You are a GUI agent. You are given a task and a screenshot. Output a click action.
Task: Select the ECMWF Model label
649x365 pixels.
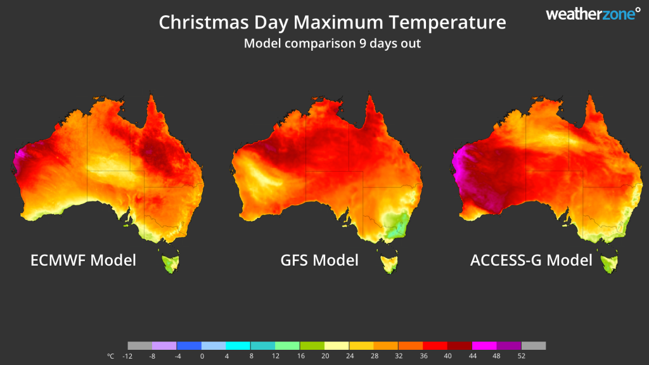coord(83,260)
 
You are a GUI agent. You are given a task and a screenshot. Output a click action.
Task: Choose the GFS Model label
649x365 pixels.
coord(319,260)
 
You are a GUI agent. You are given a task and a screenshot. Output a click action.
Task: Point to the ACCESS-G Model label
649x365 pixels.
coord(531,260)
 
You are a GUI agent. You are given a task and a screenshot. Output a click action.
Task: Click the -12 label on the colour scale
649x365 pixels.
coord(127,357)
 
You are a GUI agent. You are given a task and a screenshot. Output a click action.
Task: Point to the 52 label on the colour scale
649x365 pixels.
coord(521,357)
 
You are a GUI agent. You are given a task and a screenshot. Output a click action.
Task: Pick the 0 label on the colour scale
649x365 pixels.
coord(202,357)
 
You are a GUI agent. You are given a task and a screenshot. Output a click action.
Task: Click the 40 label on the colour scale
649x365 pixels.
coord(447,357)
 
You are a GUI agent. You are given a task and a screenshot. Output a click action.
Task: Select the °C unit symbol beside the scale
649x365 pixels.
coord(111,357)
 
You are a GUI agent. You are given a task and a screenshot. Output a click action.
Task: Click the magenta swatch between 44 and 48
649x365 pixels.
coord(484,346)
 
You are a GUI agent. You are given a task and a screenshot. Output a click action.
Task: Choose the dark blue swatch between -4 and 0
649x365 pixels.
coord(189,346)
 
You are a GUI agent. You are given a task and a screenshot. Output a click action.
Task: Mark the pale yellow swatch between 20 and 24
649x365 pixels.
coord(336,346)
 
